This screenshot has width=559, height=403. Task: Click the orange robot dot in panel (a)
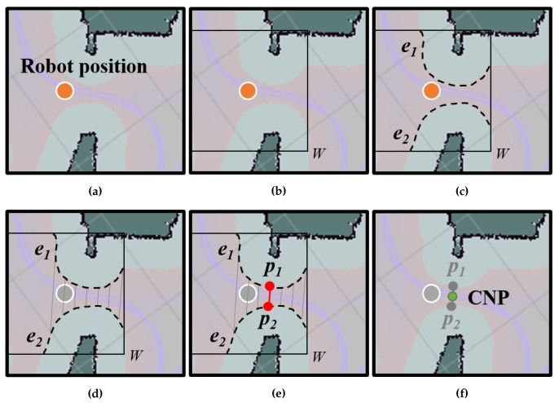(64, 91)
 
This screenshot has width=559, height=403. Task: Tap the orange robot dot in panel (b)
(248, 91)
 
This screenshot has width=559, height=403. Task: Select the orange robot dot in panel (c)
(431, 91)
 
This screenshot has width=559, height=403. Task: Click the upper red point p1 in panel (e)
(268, 286)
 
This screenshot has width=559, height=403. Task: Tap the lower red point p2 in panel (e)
(268, 306)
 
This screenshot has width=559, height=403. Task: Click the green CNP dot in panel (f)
(451, 296)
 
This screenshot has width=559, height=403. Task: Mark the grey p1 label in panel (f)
(455, 268)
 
